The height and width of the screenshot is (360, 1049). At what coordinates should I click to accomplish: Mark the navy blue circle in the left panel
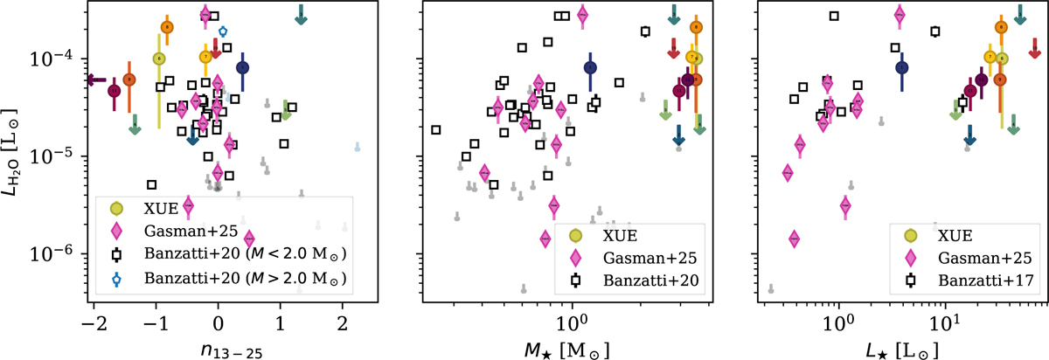(242, 67)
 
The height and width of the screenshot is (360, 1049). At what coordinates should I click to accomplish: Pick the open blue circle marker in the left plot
(222, 31)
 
